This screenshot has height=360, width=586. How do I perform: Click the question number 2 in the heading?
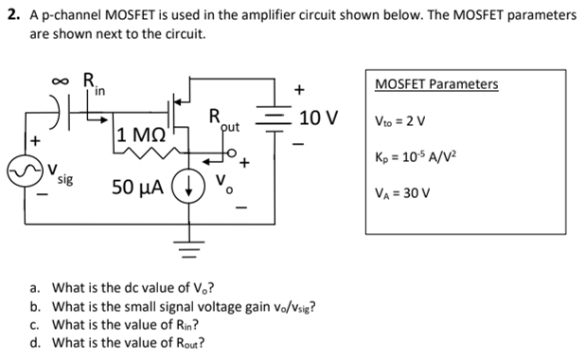9,16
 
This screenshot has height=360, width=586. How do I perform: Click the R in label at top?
95,83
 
